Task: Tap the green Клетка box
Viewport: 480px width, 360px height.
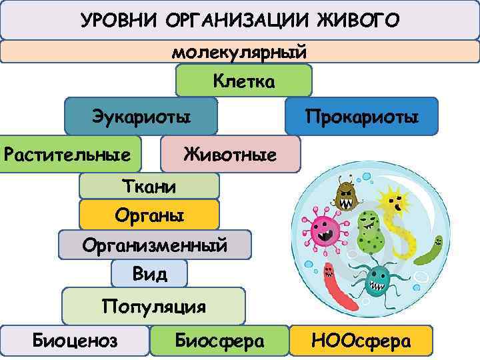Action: tap(243, 81)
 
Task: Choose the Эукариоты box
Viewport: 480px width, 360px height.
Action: tap(141, 116)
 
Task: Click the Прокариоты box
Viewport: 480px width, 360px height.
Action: tap(361, 117)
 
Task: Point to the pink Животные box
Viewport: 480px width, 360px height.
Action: tap(230, 155)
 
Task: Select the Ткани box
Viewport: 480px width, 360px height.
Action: tap(149, 186)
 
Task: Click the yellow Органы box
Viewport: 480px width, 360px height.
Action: tap(149, 215)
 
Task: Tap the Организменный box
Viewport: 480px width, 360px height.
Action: tap(155, 245)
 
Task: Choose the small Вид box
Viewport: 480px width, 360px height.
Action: tap(149, 273)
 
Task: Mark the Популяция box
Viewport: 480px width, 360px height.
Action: tap(153, 306)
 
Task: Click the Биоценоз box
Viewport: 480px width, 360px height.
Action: tap(75, 341)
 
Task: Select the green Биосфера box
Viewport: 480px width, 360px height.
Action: tap(219, 341)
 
